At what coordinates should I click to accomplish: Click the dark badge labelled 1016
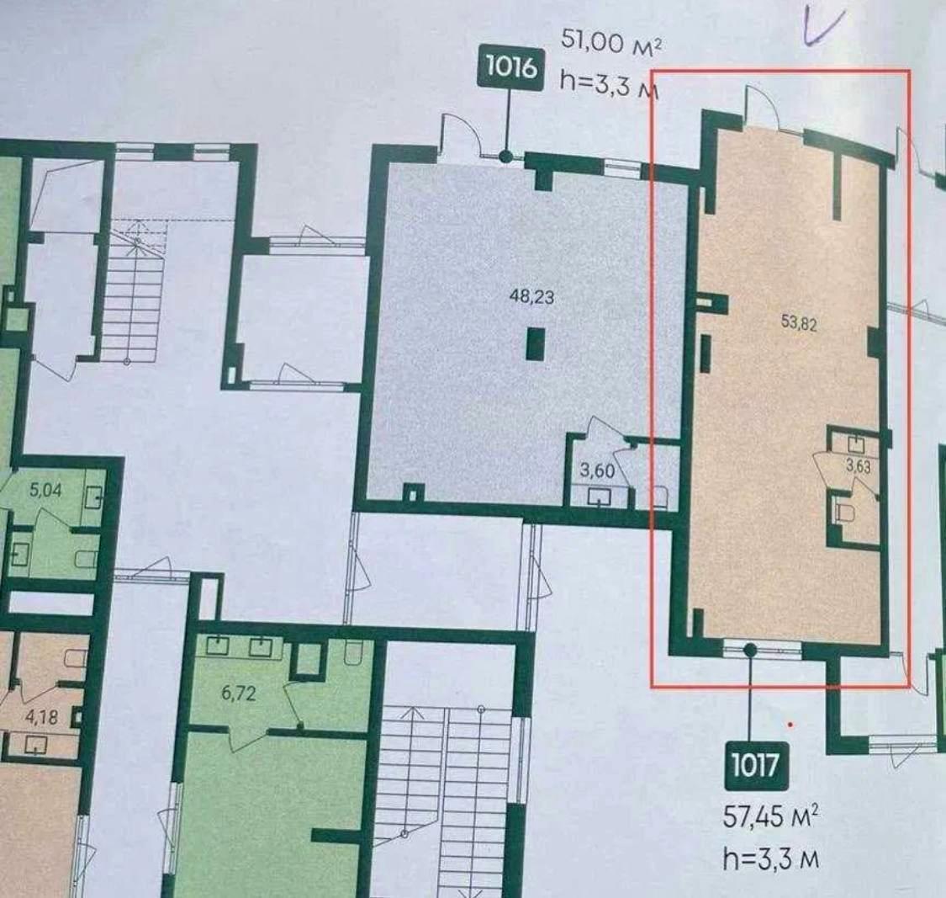click(x=511, y=67)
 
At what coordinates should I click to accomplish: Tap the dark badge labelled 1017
click(x=754, y=766)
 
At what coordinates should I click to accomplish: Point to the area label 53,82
click(x=799, y=323)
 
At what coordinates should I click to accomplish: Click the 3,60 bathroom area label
click(x=597, y=470)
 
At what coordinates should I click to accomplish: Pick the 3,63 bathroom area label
click(x=859, y=466)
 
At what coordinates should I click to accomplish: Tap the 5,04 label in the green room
click(x=46, y=490)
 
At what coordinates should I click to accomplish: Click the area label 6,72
click(x=238, y=693)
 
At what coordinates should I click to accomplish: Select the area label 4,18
click(x=41, y=717)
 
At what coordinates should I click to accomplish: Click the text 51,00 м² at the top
click(x=608, y=42)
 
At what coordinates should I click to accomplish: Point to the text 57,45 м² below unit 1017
click(x=771, y=817)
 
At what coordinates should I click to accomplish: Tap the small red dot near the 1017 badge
click(x=790, y=724)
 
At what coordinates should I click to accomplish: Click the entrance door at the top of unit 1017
click(x=760, y=107)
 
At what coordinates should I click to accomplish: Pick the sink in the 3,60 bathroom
click(x=598, y=497)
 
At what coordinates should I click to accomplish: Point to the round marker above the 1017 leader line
click(x=750, y=651)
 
